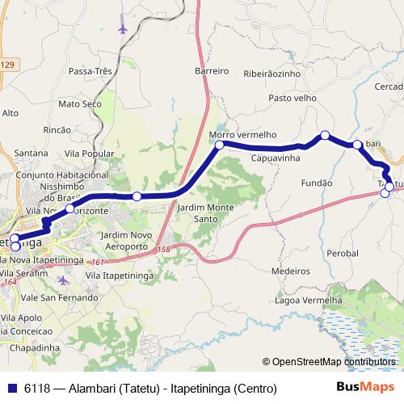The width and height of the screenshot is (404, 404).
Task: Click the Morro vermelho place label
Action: (x=242, y=134)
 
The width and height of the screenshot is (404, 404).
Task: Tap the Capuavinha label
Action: (x=276, y=160)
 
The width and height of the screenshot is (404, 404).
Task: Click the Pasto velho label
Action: (x=292, y=98)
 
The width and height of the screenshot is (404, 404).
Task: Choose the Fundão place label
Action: (x=317, y=183)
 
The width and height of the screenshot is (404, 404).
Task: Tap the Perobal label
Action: (x=343, y=254)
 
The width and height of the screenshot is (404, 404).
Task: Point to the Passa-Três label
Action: (x=90, y=71)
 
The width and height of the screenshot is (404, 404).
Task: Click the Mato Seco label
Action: (x=79, y=104)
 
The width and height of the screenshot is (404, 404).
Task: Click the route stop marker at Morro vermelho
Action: (x=219, y=145)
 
